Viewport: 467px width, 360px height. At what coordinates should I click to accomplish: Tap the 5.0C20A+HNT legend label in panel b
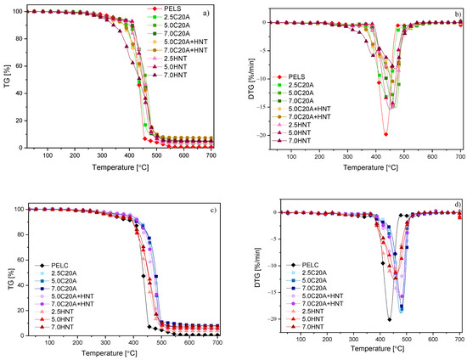coord(309,109)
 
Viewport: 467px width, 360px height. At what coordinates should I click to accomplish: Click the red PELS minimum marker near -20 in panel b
coord(385,134)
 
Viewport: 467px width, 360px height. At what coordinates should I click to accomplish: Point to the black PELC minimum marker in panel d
coord(389,319)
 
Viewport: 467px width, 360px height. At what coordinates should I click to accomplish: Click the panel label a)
coord(206,13)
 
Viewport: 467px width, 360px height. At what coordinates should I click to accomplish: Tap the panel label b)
coord(458,14)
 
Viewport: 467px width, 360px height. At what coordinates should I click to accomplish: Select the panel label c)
coord(213,211)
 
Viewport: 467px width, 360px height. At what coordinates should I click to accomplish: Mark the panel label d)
coord(458,205)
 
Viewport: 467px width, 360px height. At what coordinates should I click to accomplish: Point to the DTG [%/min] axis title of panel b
coord(251,79)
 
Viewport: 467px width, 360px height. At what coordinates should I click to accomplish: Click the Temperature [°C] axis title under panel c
coord(110,353)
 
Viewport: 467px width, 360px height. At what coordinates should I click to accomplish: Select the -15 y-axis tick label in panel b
coord(263,107)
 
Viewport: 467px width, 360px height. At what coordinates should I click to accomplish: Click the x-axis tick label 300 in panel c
coord(105,342)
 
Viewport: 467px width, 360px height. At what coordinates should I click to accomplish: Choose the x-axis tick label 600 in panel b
coord(432,156)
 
